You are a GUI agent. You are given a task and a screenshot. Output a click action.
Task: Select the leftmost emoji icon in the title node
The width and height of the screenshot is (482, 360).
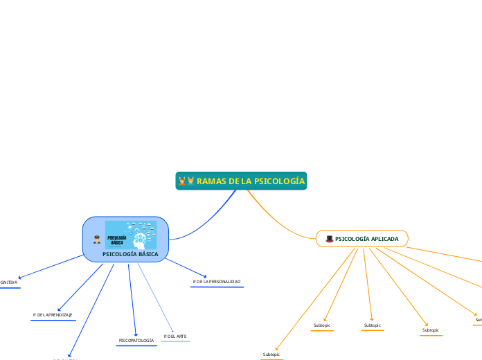tap(182, 181)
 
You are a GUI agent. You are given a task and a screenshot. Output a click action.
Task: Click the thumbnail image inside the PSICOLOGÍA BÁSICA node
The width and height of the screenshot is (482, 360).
tap(130, 235)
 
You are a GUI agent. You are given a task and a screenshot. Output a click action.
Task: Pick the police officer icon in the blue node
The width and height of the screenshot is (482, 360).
tap(97, 240)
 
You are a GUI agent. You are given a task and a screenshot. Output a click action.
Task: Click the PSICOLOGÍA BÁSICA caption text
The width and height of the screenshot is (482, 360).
tap(130, 254)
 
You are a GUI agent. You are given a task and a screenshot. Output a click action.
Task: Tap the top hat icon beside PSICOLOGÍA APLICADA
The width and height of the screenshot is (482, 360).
tap(329, 239)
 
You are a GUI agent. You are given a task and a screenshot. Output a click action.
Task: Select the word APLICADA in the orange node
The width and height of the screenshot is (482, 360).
tap(385, 239)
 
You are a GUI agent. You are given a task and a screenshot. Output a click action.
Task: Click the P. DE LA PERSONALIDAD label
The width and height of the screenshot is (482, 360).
tap(216, 282)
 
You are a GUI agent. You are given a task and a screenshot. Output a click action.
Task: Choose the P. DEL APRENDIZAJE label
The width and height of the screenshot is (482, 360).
tap(53, 315)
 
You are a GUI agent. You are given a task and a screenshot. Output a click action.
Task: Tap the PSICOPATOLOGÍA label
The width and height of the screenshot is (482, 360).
tap(136, 341)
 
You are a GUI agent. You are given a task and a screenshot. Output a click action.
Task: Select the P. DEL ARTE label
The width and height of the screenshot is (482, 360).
tap(175, 336)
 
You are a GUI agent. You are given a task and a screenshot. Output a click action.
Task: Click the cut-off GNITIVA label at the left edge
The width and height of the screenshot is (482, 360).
tap(9, 282)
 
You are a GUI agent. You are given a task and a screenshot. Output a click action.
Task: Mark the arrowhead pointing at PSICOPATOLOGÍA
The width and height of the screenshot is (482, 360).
tap(135, 333)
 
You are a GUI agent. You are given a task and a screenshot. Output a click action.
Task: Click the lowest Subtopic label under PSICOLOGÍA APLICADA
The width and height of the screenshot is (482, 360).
tap(271, 354)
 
